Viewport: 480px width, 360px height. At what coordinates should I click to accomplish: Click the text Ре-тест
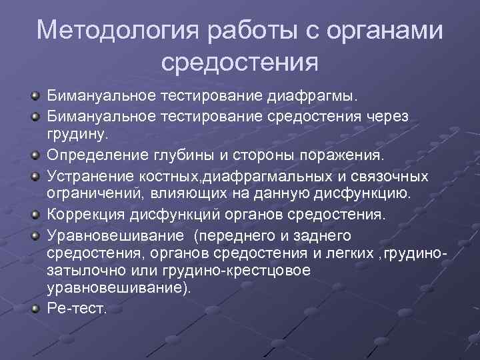(77, 308)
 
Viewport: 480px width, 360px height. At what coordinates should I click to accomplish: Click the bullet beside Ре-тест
(33, 308)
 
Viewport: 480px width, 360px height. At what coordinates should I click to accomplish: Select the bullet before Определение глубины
(33, 156)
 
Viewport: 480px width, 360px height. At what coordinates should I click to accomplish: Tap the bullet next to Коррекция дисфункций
(33, 216)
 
